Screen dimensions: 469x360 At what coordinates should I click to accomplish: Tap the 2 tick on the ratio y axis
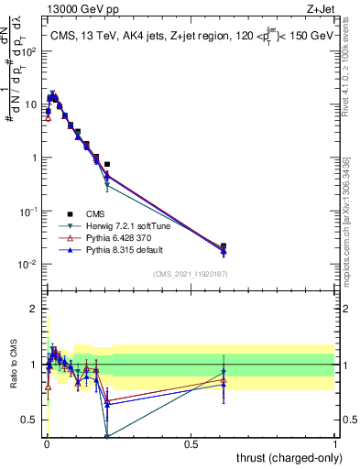coord(36,309)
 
